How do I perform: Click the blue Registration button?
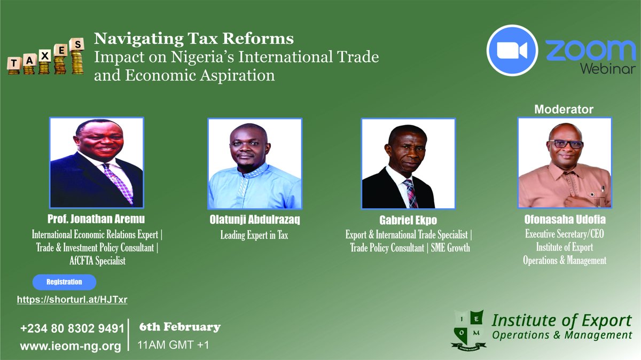64,282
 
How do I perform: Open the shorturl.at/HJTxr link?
72,300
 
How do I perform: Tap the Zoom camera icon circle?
512,50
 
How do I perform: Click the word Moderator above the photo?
564,109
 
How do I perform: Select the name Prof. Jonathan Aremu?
95,219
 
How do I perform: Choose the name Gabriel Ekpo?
408,221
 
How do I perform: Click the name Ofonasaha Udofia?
565,221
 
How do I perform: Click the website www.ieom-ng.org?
71,346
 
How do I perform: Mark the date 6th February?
179,327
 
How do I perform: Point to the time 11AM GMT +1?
174,345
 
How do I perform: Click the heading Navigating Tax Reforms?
194,39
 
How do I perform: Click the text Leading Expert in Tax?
254,235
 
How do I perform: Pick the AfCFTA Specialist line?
95,261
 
